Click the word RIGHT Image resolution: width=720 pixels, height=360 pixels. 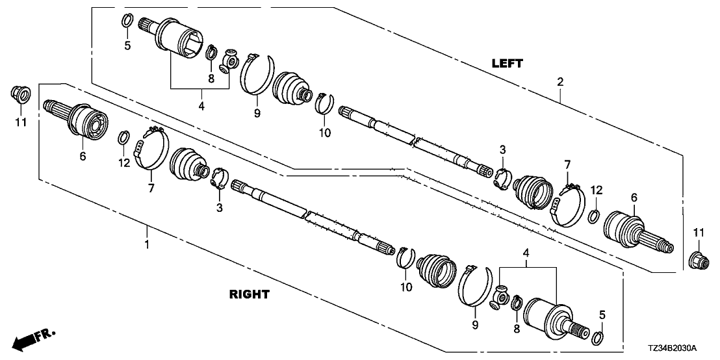tap(250, 294)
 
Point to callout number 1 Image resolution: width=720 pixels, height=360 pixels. tap(147, 245)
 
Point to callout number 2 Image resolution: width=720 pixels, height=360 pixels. tap(559, 83)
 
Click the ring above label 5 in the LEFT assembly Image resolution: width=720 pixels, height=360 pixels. tap(127, 21)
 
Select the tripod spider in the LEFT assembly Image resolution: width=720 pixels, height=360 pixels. tap(229, 62)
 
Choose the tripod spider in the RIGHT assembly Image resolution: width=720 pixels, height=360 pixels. tap(502, 295)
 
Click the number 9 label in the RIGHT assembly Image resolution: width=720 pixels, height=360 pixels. tap(474, 324)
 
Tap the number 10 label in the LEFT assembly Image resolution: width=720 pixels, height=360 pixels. tap(324, 133)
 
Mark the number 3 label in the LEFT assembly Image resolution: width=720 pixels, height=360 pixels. tap(502, 151)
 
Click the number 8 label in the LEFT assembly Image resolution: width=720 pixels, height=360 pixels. tap(211, 79)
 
